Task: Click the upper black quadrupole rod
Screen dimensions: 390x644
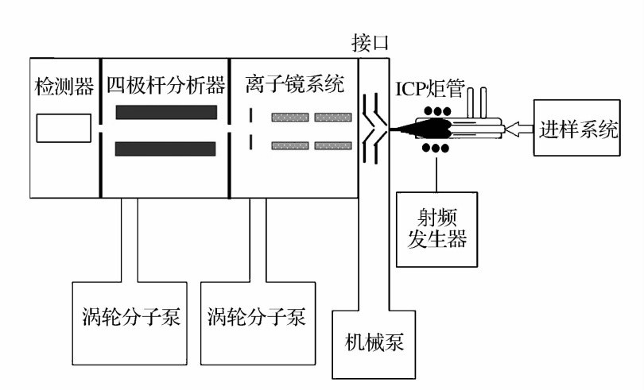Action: tap(166, 112)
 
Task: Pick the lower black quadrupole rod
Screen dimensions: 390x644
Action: tap(166, 149)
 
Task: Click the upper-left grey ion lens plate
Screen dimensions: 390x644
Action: tap(289, 118)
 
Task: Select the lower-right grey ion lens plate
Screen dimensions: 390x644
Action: tap(332, 145)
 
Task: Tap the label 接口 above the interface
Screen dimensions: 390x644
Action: tap(370, 42)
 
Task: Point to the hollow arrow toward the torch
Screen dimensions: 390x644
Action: tap(517, 126)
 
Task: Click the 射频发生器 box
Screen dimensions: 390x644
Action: tap(436, 228)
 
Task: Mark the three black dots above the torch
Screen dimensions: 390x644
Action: tap(436, 109)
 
